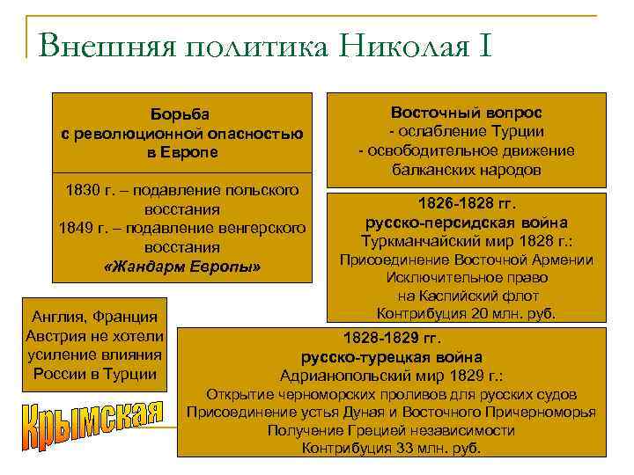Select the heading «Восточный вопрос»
466,113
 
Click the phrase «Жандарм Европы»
182,266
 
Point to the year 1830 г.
92,191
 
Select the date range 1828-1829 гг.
391,339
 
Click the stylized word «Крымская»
92,426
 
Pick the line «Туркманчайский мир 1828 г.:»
466,241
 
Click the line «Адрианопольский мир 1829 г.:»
391,376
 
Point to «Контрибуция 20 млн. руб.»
466,313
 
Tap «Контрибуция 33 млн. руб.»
391,448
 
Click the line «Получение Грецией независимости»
391,429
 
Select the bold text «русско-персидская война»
466,222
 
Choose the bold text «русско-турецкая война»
391,357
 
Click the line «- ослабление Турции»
466,132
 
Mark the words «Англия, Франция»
94,317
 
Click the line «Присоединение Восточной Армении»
466,259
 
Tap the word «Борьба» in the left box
182,113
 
